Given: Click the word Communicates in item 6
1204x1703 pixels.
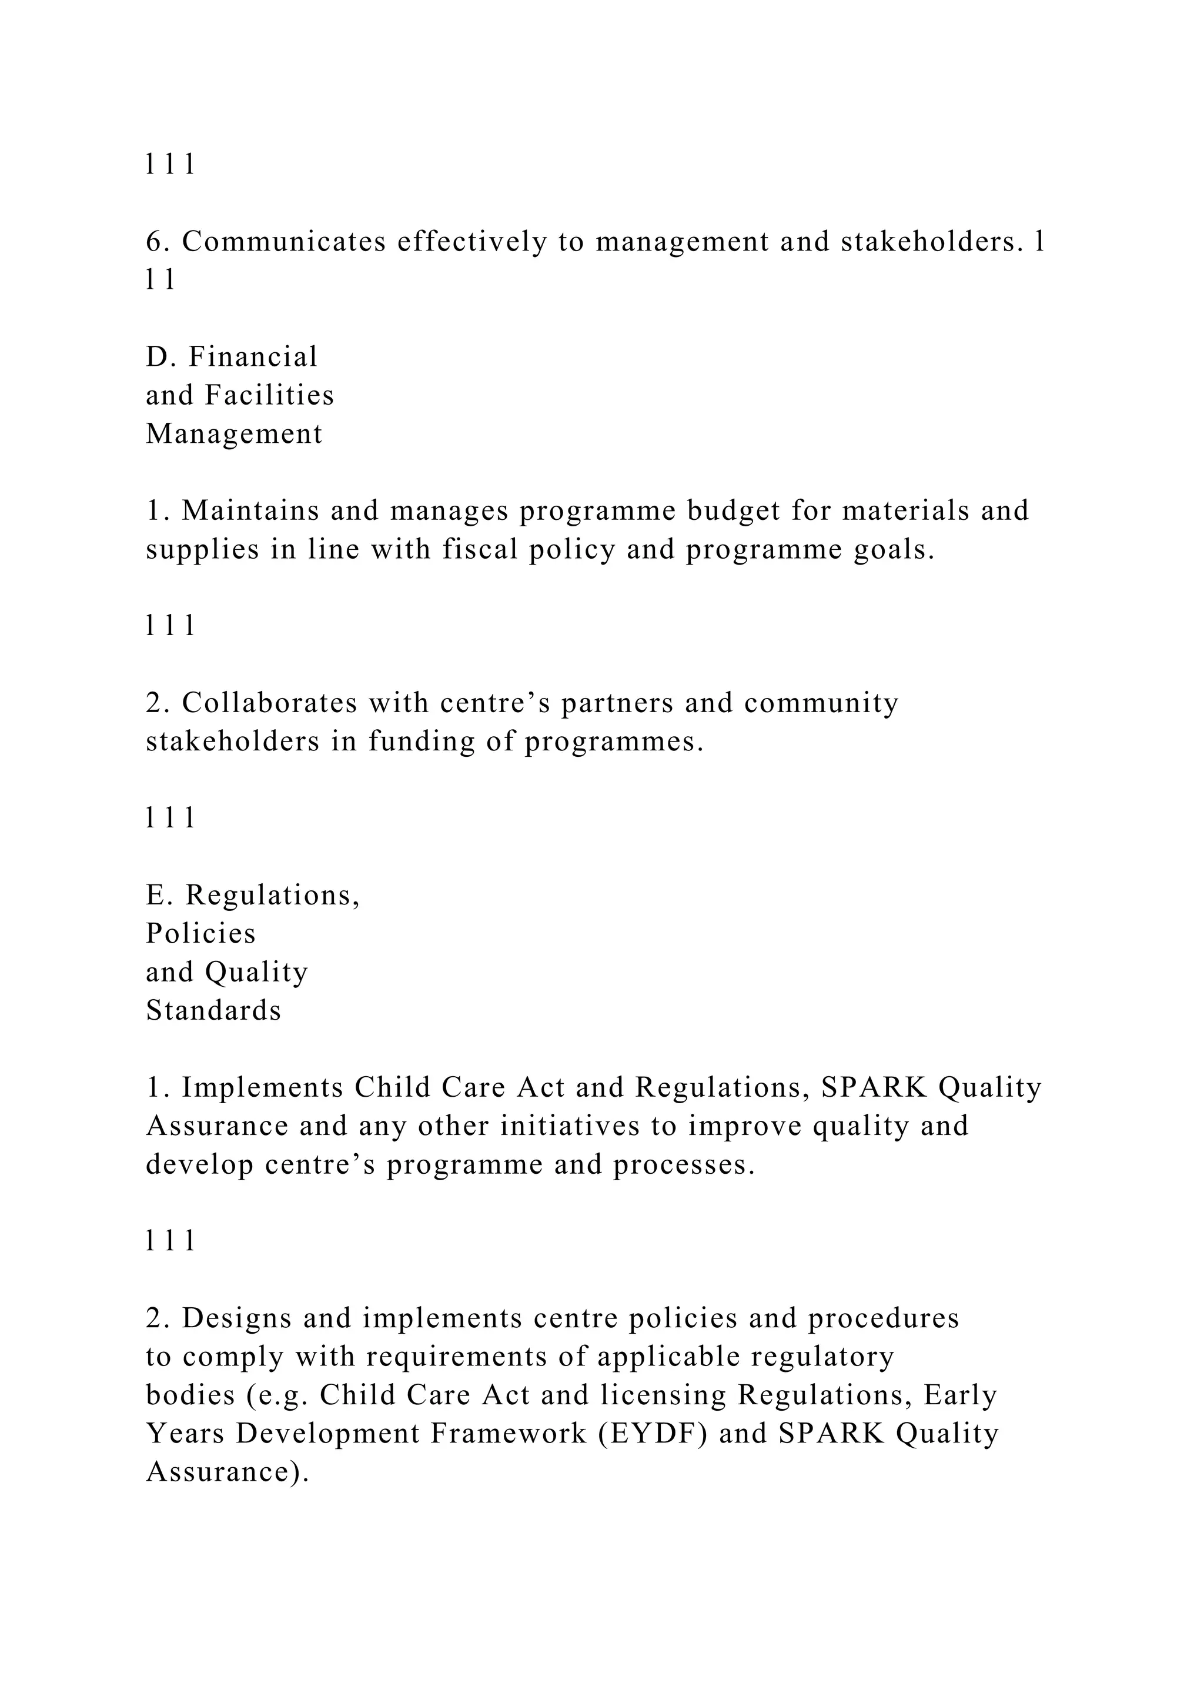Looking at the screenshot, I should (x=284, y=242).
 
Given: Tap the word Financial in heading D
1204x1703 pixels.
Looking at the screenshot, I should (x=253, y=357).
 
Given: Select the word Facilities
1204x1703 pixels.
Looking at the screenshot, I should (x=269, y=395).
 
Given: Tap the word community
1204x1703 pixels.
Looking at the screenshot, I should (x=821, y=703).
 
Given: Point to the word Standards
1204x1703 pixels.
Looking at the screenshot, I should (x=213, y=1011).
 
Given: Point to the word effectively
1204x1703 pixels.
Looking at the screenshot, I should (x=472, y=242).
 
